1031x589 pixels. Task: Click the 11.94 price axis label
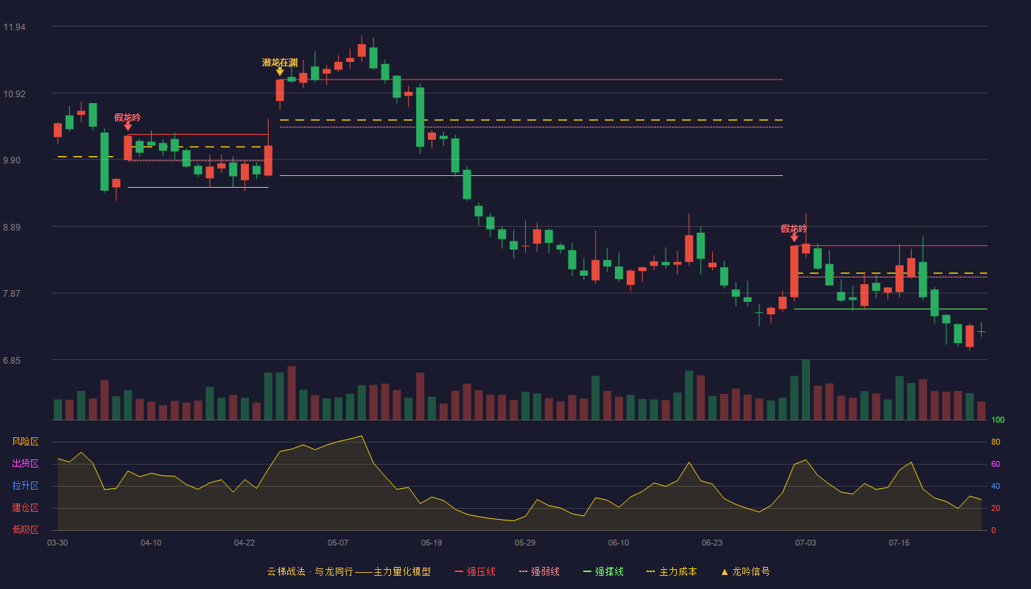pyautogui.click(x=14, y=27)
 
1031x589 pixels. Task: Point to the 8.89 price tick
pyautogui.click(x=12, y=228)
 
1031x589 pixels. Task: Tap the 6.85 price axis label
pyautogui.click(x=12, y=361)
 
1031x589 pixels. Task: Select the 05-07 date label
pyautogui.click(x=338, y=543)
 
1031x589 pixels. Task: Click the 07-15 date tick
pyautogui.click(x=899, y=543)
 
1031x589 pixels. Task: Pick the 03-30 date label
pyautogui.click(x=57, y=543)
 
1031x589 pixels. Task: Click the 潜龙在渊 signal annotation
pyautogui.click(x=280, y=63)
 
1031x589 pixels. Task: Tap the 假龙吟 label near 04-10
pyautogui.click(x=127, y=117)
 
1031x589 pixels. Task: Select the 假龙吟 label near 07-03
pyautogui.click(x=794, y=229)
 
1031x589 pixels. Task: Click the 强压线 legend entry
pyautogui.click(x=476, y=571)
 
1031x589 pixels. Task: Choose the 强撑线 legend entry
pyautogui.click(x=603, y=571)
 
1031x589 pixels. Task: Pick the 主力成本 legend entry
pyautogui.click(x=672, y=571)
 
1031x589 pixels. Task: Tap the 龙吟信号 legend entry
pyautogui.click(x=745, y=571)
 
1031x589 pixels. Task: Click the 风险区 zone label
pyautogui.click(x=25, y=442)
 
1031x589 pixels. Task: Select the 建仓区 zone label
pyautogui.click(x=25, y=508)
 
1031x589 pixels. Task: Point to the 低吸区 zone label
pyautogui.click(x=25, y=530)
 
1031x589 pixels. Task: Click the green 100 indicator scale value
pyautogui.click(x=998, y=420)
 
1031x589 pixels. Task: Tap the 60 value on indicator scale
pyautogui.click(x=996, y=464)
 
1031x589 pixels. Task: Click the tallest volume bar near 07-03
pyautogui.click(x=806, y=389)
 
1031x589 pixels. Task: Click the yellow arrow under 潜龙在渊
pyautogui.click(x=280, y=72)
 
